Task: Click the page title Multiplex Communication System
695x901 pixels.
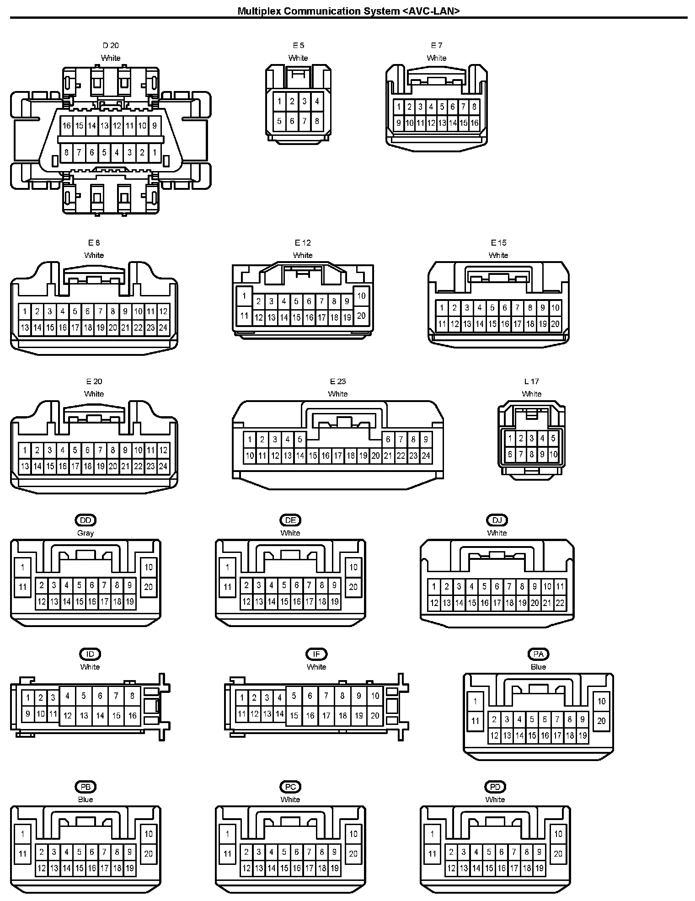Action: coord(348,11)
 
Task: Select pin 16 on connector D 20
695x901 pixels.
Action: coord(67,125)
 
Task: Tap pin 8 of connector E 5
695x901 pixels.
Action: coord(317,121)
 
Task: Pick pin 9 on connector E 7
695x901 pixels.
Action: coord(399,123)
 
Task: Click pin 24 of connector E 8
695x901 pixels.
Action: coord(163,327)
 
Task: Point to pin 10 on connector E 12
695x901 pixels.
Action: coord(361,295)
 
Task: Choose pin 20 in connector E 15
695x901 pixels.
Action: coord(555,324)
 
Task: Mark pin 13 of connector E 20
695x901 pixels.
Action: coord(25,466)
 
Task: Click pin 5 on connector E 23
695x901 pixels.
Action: coord(300,440)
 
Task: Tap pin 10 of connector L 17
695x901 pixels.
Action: coord(553,454)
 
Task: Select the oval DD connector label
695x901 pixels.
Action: coord(86,520)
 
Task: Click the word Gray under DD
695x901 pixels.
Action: coord(86,533)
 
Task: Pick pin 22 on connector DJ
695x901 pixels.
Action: coord(560,603)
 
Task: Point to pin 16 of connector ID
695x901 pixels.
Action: coord(132,716)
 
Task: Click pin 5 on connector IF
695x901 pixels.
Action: coord(294,696)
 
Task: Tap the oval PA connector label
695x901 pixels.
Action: coord(538,654)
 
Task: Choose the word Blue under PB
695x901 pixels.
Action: coord(86,799)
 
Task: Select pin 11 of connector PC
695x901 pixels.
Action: coord(228,853)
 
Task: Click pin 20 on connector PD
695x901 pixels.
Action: coord(558,853)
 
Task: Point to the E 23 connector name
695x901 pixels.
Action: coord(338,381)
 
